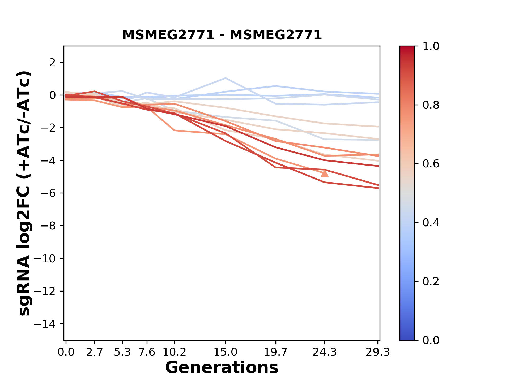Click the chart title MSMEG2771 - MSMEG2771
tap(222, 35)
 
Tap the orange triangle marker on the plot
tap(325, 173)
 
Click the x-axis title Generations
tap(222, 368)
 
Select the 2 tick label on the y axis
tap(52, 62)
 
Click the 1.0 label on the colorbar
tap(431, 46)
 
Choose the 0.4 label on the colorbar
tap(431, 223)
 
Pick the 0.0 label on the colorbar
tap(431, 340)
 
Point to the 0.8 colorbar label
tap(431, 105)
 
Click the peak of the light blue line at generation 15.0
tap(226, 78)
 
